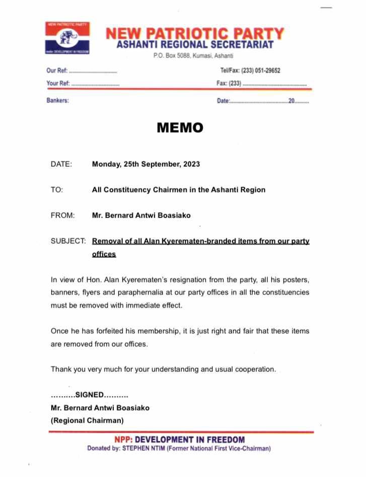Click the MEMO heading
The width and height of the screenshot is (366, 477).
(x=180, y=128)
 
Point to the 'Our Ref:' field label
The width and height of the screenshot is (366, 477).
(x=57, y=71)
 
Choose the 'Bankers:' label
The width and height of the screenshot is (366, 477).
(x=58, y=100)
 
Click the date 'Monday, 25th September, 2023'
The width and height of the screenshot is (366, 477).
(x=146, y=164)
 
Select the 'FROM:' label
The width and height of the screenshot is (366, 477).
(x=63, y=216)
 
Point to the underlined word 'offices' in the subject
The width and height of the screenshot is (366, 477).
(x=104, y=254)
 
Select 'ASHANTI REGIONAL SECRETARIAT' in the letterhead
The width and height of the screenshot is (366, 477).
(x=195, y=45)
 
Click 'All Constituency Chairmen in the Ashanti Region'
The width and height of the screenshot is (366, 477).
(x=178, y=190)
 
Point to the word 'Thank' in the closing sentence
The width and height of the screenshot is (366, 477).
(x=61, y=369)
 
